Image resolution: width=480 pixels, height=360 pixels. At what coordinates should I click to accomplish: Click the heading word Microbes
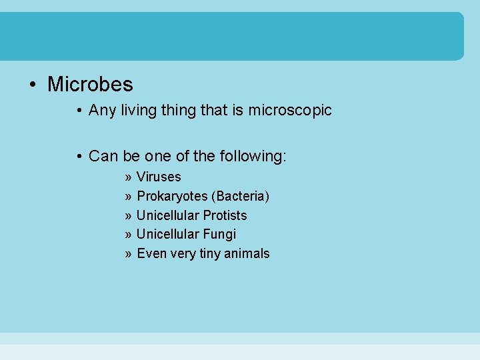90,85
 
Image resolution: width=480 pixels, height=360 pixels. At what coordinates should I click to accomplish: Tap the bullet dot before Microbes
31,85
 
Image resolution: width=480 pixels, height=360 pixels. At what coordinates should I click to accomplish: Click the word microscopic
290,110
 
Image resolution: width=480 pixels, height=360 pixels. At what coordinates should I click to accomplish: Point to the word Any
102,110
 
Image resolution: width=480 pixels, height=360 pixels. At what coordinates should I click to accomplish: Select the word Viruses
159,177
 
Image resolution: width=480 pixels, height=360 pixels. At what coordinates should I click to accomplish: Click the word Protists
225,215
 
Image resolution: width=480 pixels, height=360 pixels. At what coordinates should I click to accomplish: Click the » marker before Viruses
127,177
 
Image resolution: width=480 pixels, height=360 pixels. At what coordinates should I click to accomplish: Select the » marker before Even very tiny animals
127,254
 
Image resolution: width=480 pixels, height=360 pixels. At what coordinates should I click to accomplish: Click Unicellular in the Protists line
167,215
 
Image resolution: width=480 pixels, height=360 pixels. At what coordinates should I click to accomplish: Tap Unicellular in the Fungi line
167,234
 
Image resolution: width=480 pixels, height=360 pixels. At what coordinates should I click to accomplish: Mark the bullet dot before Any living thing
79,111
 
